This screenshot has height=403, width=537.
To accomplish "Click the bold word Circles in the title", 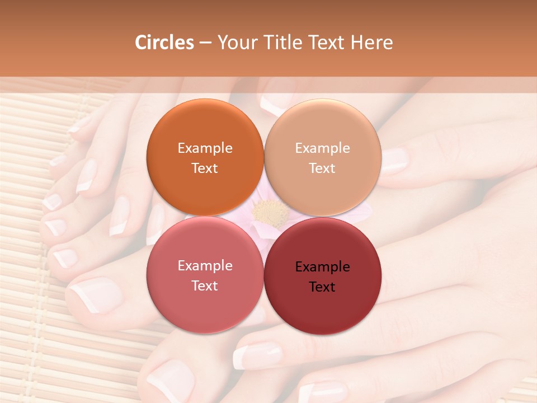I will click(x=164, y=43).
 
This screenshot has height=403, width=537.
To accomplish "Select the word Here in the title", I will click(x=371, y=43).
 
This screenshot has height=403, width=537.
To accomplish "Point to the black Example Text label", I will click(x=322, y=277).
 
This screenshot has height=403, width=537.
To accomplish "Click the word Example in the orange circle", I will click(x=205, y=148).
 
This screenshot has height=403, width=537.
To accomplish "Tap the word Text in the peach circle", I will click(x=322, y=168).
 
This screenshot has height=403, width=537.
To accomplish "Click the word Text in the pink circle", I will click(x=205, y=285).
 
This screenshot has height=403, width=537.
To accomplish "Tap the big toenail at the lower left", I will click(x=94, y=294).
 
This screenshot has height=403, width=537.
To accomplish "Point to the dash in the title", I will click(x=205, y=43).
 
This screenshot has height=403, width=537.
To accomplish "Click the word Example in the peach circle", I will click(x=322, y=148).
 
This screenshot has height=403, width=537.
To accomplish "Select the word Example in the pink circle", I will click(x=205, y=266).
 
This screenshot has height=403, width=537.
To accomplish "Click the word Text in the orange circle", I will click(x=205, y=168).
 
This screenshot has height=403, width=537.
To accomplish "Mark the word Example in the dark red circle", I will click(x=322, y=267).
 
